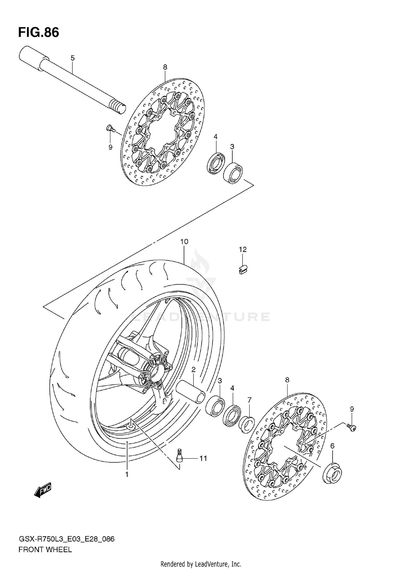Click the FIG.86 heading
[x=39, y=32]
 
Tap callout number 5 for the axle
[x=72, y=58]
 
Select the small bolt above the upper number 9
[x=110, y=129]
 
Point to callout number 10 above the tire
[x=184, y=242]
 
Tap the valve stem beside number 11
[x=179, y=458]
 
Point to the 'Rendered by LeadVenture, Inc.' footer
[x=201, y=564]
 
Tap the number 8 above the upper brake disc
[x=165, y=67]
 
